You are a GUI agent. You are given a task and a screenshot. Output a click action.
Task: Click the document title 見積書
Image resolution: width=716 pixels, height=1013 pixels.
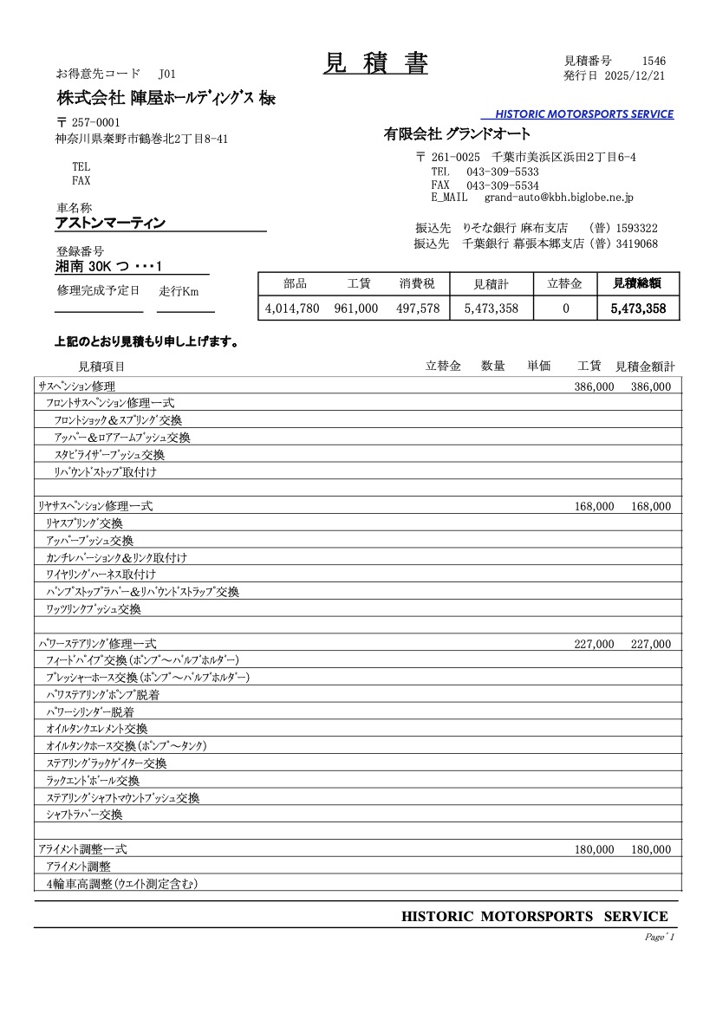(375, 63)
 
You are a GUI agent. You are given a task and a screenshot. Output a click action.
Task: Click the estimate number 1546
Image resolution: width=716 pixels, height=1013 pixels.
(654, 61)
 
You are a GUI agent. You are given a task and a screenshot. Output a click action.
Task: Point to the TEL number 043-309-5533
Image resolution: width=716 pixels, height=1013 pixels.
(503, 172)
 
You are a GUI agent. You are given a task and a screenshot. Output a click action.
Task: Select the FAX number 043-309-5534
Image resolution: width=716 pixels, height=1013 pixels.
(503, 185)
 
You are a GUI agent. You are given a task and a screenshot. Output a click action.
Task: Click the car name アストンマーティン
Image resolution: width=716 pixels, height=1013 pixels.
(110, 224)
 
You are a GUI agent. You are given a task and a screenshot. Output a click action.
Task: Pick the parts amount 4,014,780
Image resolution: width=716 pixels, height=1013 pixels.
(292, 308)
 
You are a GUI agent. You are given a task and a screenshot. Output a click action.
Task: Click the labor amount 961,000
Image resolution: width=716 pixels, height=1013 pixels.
(355, 308)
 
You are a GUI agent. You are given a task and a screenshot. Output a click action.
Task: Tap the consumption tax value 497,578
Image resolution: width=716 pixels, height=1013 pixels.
(418, 308)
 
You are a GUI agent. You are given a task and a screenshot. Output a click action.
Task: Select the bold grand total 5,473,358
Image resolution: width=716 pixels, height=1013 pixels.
(638, 308)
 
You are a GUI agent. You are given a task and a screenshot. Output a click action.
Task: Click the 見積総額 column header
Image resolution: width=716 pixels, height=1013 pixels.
(638, 283)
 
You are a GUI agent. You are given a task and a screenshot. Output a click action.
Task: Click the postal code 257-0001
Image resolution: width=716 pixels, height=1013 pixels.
(95, 122)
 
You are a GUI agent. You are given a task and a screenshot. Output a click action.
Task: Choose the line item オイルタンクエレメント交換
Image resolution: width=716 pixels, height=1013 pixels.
(97, 729)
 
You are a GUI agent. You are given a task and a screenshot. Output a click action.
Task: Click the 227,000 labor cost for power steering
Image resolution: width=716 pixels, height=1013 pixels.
(594, 644)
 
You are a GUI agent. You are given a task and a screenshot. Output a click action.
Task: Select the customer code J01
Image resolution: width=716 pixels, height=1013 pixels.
(167, 74)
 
